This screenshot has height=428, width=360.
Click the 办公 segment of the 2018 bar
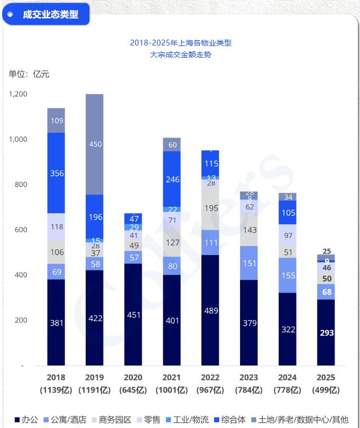click(x=56, y=322)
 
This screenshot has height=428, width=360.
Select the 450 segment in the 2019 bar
click(x=95, y=144)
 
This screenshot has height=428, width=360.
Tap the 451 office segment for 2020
click(x=133, y=314)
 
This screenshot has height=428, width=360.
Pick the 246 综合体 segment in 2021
click(x=172, y=179)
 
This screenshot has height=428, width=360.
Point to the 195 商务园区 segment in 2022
click(x=211, y=208)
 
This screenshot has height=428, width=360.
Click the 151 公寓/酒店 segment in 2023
click(x=249, y=263)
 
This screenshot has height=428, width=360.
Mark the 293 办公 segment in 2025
click(x=326, y=332)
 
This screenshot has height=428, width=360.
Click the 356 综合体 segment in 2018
click(x=56, y=173)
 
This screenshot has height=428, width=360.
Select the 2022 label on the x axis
click(x=211, y=378)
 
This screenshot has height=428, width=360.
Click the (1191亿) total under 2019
click(x=95, y=390)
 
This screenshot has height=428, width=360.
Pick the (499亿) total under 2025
click(x=326, y=390)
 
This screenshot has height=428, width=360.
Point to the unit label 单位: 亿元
click(x=29, y=74)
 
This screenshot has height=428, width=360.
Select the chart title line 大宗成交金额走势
click(x=180, y=54)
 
